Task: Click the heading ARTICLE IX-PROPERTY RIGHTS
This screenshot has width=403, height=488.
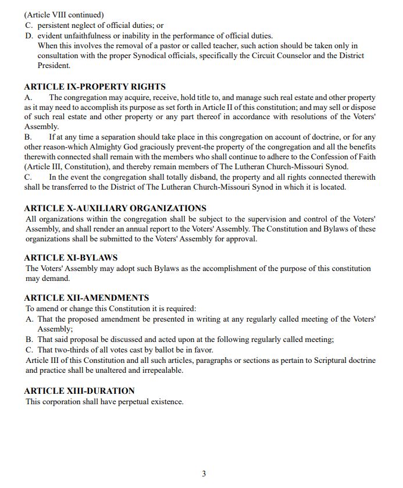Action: click(x=95, y=87)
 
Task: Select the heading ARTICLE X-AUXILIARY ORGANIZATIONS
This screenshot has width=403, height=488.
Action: click(x=115, y=208)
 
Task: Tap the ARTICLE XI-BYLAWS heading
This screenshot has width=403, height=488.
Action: click(x=71, y=258)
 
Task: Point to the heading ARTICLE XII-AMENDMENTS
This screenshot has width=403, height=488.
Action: click(x=87, y=298)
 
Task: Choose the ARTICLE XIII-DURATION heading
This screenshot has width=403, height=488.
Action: click(x=79, y=391)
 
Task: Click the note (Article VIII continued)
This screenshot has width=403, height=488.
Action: click(x=63, y=15)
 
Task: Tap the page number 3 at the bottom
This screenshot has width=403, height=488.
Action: click(x=204, y=473)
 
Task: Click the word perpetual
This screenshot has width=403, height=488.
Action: click(x=131, y=401)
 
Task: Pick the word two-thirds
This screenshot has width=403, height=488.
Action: click(x=74, y=350)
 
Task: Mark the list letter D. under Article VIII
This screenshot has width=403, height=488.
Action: click(x=29, y=36)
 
